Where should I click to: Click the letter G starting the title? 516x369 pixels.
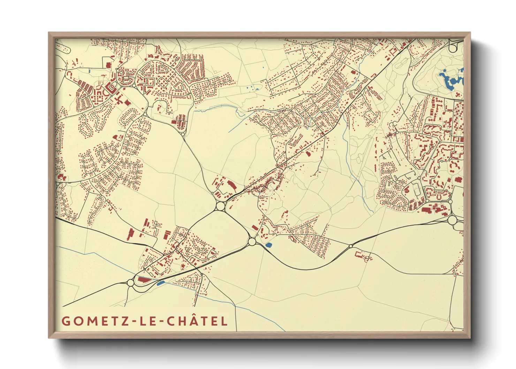coord(65,321)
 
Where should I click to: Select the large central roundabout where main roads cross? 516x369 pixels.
coord(220,206)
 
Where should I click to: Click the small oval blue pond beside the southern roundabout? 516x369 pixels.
coord(268,245)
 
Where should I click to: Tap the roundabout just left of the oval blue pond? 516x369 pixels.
coord(252,241)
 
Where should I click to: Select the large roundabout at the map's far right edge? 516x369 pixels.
coord(452,220)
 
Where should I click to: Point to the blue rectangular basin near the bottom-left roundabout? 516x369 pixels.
coord(160,283)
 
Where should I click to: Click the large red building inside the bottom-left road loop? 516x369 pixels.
coord(144,279)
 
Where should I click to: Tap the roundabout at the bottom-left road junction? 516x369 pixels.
coord(130,283)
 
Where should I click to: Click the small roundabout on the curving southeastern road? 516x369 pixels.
coord(351,246)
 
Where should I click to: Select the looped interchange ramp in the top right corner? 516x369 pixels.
coord(454,45)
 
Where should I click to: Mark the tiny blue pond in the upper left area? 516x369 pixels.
coord(90,71)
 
